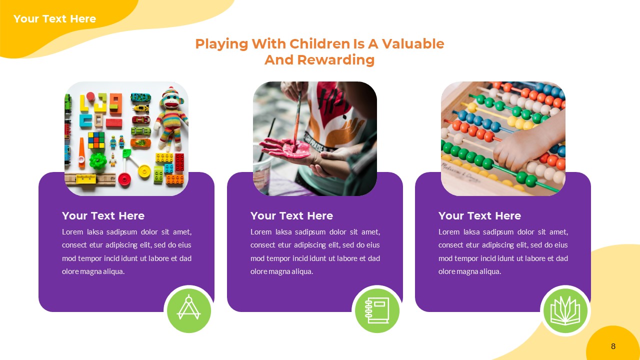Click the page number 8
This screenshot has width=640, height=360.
(613, 346)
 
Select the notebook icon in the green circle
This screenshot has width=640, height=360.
(377, 310)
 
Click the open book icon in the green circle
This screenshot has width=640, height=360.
(565, 310)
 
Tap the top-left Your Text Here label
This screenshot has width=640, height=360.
(54, 19)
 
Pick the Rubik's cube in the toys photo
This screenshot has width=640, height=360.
(96, 140)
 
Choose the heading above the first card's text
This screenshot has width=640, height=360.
(103, 216)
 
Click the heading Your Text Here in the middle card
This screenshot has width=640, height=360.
(291, 216)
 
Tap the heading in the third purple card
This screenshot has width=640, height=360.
(479, 216)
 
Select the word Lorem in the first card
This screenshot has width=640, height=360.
(72, 232)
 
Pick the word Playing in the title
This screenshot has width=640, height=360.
(221, 44)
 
